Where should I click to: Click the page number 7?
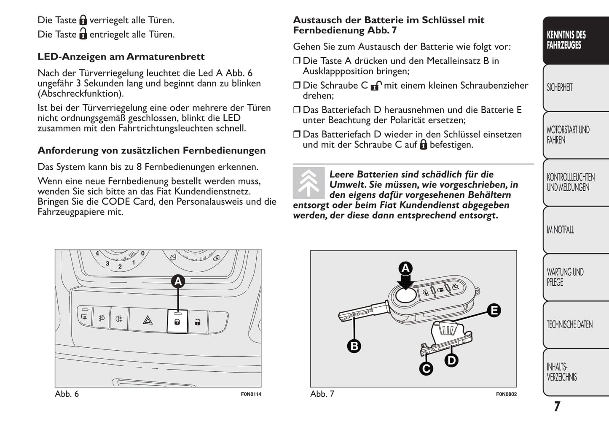pyautogui.click(x=557, y=406)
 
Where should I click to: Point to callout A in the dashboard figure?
pyautogui.click(x=178, y=281)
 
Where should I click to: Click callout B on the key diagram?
pyautogui.click(x=354, y=346)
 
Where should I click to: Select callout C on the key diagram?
pyautogui.click(x=426, y=369)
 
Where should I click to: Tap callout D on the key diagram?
pyautogui.click(x=451, y=360)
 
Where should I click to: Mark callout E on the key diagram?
pyautogui.click(x=494, y=311)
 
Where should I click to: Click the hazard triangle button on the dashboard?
pyautogui.click(x=148, y=321)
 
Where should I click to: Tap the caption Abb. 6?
pyautogui.click(x=67, y=394)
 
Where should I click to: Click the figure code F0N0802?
pyautogui.click(x=506, y=394)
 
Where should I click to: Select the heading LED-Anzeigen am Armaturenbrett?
pyautogui.click(x=121, y=57)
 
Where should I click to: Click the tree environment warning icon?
pyautogui.click(x=309, y=183)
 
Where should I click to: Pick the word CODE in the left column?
pyautogui.click(x=116, y=202)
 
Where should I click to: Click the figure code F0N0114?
pyautogui.click(x=251, y=394)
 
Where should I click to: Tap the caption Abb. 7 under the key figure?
pyautogui.click(x=322, y=394)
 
